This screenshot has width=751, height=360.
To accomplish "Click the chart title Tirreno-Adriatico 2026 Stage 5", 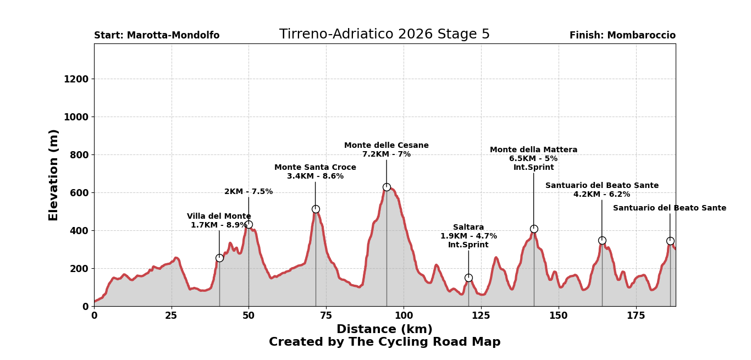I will pyautogui.click(x=384, y=35).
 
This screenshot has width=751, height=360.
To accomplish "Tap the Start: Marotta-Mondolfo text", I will pyautogui.click(x=157, y=36).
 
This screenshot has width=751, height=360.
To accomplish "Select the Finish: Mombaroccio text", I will pyautogui.click(x=622, y=36).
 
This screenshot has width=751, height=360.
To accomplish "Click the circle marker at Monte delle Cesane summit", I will pyautogui.click(x=386, y=187).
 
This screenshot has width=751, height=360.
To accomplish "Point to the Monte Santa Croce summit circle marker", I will pyautogui.click(x=316, y=209).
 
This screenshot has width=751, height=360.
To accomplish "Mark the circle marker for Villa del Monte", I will pyautogui.click(x=219, y=258).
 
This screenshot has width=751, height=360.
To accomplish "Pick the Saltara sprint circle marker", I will pyautogui.click(x=468, y=278).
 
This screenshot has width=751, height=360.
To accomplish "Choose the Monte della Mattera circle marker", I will pyautogui.click(x=534, y=229).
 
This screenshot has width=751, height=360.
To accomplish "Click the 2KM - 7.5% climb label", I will pyautogui.click(x=249, y=192).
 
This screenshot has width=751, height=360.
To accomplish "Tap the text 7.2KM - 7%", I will pyautogui.click(x=386, y=154).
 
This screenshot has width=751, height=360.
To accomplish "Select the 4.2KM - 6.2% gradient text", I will pyautogui.click(x=601, y=195).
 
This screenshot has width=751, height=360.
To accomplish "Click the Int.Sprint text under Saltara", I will pyautogui.click(x=468, y=245).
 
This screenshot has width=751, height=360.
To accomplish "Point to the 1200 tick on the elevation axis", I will pyautogui.click(x=75, y=79).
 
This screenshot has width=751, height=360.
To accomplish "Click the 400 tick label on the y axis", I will pyautogui.click(x=78, y=231).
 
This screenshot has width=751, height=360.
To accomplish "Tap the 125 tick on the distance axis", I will pyautogui.click(x=481, y=315).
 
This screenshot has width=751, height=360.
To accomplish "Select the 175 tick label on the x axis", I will pyautogui.click(x=636, y=315).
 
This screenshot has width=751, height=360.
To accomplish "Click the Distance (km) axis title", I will pyautogui.click(x=384, y=329).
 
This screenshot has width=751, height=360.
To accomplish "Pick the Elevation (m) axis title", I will pyautogui.click(x=54, y=175).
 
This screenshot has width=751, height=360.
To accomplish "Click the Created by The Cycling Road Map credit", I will pyautogui.click(x=384, y=342).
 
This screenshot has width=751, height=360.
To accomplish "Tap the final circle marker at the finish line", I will pyautogui.click(x=670, y=241).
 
